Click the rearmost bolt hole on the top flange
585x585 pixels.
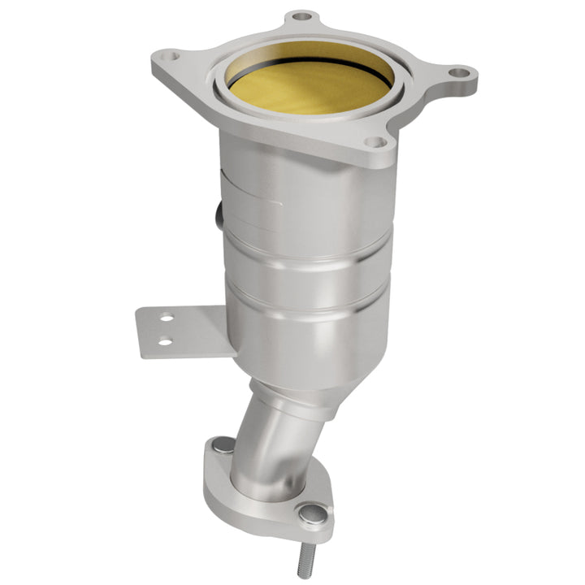[x=302, y=15]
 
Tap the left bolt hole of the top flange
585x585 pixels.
[x=167, y=58]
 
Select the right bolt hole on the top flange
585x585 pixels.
[x=460, y=73]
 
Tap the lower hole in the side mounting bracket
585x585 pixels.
[x=165, y=341]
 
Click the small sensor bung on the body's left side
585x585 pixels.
[x=219, y=216]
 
